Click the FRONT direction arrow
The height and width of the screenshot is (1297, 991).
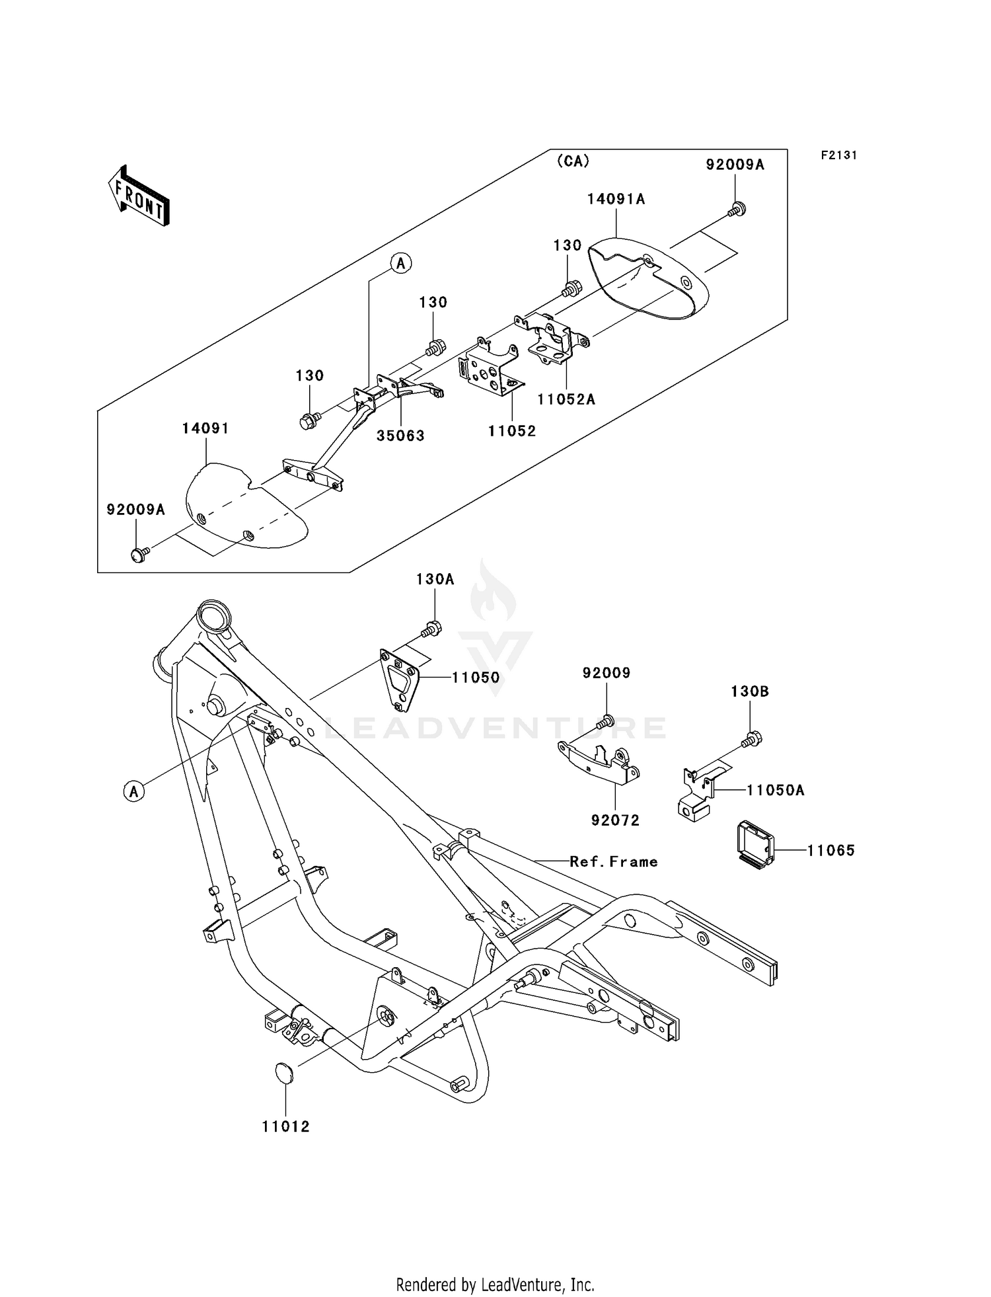139,196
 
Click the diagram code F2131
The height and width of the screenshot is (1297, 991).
838,155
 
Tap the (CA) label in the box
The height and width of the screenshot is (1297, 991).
573,161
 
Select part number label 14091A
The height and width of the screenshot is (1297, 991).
616,199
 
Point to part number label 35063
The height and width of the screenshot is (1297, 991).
400,436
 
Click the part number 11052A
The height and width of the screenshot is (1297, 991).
566,399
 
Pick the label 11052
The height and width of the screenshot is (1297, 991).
512,431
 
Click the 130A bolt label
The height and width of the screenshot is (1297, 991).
435,580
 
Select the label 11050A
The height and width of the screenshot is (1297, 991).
775,790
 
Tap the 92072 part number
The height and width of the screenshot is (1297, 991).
615,820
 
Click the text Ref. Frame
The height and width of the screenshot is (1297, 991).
614,862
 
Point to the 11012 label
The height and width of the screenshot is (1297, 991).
285,1126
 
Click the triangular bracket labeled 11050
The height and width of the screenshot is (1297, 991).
400,680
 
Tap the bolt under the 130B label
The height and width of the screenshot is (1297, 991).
752,739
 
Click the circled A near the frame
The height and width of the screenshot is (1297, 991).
134,791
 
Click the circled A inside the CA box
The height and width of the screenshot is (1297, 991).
400,263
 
